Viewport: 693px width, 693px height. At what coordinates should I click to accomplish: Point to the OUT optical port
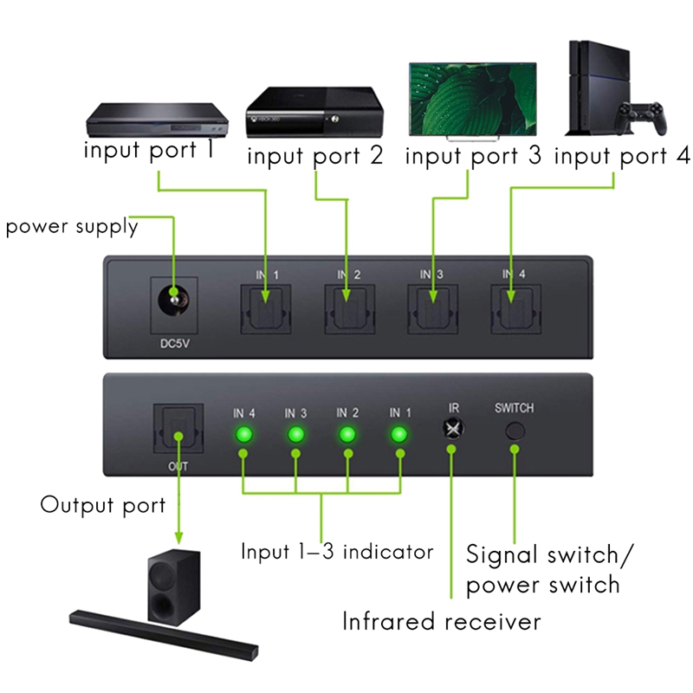pos(177,429)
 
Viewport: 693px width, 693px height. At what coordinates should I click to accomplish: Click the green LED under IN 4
pos(244,435)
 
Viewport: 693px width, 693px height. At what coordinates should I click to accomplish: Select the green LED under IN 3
pos(296,435)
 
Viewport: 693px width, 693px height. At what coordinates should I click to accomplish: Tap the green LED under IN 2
pos(348,435)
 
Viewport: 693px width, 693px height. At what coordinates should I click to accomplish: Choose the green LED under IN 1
pos(399,435)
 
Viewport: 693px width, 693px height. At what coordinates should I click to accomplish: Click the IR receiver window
pos(451,429)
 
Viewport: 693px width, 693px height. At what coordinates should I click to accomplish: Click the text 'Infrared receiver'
pos(441,621)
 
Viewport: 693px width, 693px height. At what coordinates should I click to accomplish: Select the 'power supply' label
pos(72,227)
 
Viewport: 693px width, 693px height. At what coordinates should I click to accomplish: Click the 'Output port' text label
pos(102,504)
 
